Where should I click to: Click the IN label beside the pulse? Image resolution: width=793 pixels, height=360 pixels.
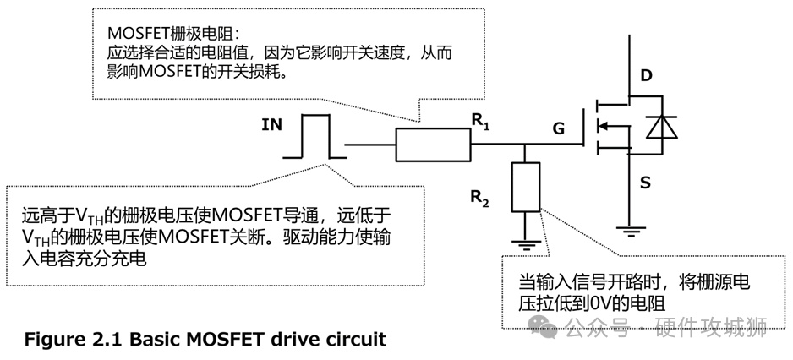coord(271,126)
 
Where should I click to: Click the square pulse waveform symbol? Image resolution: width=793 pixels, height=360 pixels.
coord(314,135)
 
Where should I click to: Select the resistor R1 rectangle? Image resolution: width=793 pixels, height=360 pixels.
coord(433,145)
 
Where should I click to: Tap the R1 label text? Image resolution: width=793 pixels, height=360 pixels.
coord(480,123)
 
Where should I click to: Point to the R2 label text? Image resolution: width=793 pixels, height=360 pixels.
coord(480,199)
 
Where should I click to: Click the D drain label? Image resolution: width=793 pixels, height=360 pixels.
coord(646,77)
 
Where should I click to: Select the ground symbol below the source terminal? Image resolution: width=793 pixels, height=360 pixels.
coord(628,227)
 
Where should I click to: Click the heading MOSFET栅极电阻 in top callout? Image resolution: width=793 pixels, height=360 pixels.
coord(173,32)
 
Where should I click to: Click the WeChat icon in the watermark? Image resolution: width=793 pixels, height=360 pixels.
coord(549,325)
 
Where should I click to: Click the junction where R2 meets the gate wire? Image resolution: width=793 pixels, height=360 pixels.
coord(525,145)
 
